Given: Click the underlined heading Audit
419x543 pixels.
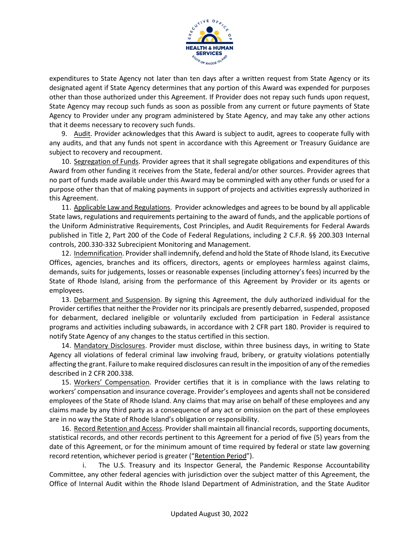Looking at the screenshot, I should pyautogui.click(x=82, y=134).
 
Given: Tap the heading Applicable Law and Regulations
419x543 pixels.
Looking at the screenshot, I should pyautogui.click(x=122, y=207).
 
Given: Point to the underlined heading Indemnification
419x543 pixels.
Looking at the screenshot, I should pyautogui.click(x=98, y=253).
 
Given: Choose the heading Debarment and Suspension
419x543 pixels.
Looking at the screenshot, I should pyautogui.click(x=117, y=300).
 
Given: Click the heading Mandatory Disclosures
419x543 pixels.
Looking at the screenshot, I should pyautogui.click(x=109, y=346).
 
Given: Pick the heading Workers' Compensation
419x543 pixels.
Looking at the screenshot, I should pyautogui.click(x=112, y=382).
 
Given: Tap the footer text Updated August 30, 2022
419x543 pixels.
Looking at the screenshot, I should pyautogui.click(x=209, y=514).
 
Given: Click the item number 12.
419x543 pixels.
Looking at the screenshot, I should pyautogui.click(x=66, y=253).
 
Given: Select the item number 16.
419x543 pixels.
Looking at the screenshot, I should pyautogui.click(x=66, y=429).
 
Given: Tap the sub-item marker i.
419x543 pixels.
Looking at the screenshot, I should pyautogui.click(x=83, y=465).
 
